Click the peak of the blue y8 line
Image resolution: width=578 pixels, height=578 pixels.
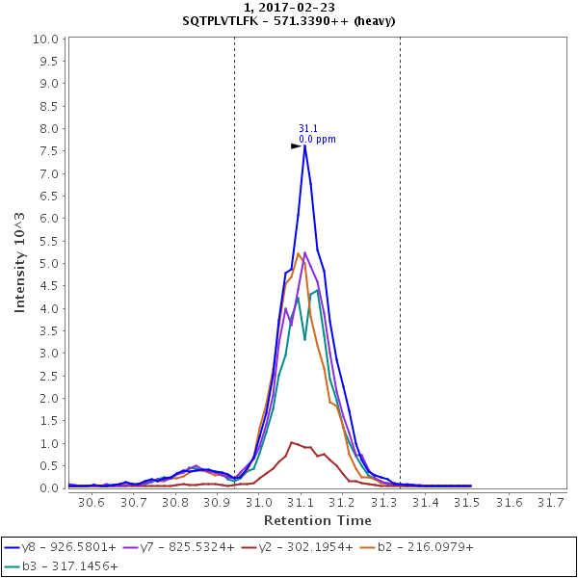pos(304,145)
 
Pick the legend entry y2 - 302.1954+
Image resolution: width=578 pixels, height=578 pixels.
pos(304,547)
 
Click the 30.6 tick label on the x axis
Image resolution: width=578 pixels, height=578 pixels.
pos(92,502)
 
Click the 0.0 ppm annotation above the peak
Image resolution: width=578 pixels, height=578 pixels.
pos(318,140)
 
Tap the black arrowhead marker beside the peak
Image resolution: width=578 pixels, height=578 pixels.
pos(297,146)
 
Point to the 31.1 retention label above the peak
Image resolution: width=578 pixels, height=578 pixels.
pos(308,128)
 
